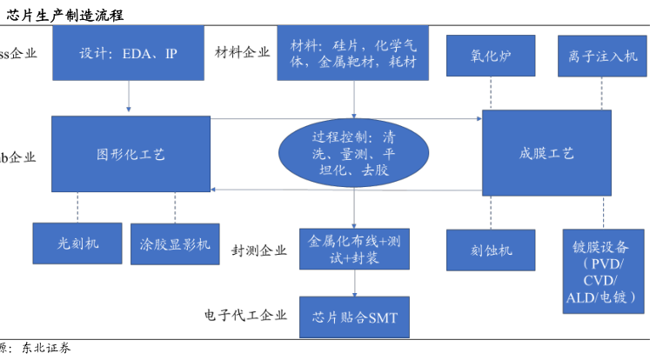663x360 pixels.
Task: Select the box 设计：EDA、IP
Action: tap(129, 53)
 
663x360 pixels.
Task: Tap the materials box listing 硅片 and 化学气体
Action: tap(353, 53)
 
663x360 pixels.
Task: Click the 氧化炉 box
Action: tap(491, 56)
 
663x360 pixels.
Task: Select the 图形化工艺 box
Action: tap(131, 154)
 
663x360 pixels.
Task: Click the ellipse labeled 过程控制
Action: tap(354, 154)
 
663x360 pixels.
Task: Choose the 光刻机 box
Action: tap(78, 243)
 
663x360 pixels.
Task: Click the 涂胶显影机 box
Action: tap(175, 244)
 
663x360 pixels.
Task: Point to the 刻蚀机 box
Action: tap(491, 250)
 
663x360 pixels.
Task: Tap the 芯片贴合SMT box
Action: tap(354, 317)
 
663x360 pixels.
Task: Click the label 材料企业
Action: tap(242, 52)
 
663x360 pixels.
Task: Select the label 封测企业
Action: tap(258, 250)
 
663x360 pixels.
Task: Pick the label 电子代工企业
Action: tap(245, 315)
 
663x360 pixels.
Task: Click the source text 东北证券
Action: tap(47, 349)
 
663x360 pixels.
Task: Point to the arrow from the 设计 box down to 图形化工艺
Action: tap(129, 97)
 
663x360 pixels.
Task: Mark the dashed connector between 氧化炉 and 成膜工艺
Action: tap(491, 93)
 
